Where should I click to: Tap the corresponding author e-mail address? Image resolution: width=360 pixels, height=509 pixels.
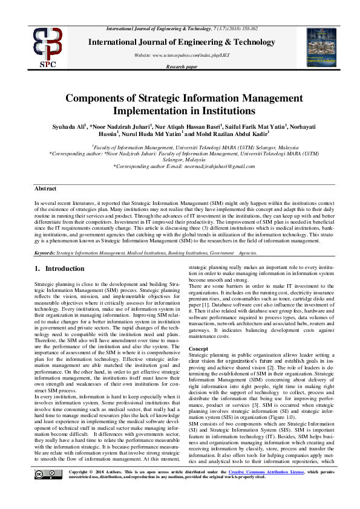(x=212, y=166)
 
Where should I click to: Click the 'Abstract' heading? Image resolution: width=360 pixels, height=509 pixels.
(x=46, y=188)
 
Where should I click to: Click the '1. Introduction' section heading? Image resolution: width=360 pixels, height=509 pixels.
(x=55, y=268)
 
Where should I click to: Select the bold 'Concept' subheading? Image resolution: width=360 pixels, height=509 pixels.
(x=198, y=349)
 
